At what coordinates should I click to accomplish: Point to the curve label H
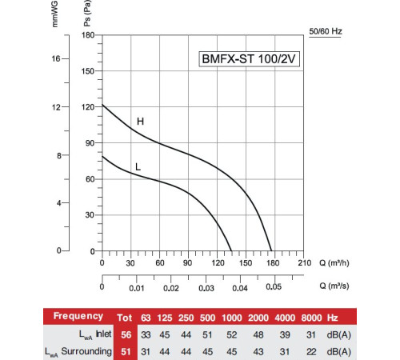click(x=140, y=122)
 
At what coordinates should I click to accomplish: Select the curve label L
click(x=138, y=166)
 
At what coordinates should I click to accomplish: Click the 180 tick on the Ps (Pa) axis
click(x=89, y=36)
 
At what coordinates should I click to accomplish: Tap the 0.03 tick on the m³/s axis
click(x=206, y=288)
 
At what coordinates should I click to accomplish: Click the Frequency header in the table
click(x=78, y=316)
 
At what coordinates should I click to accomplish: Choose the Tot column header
click(x=124, y=316)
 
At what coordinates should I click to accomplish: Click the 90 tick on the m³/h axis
click(x=188, y=262)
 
